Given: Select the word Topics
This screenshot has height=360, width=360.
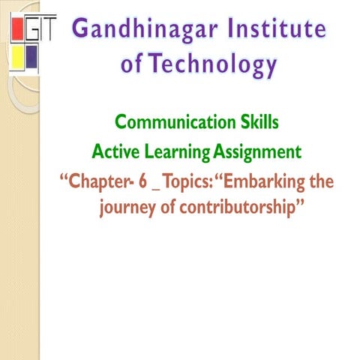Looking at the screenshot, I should [x=193, y=183].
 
